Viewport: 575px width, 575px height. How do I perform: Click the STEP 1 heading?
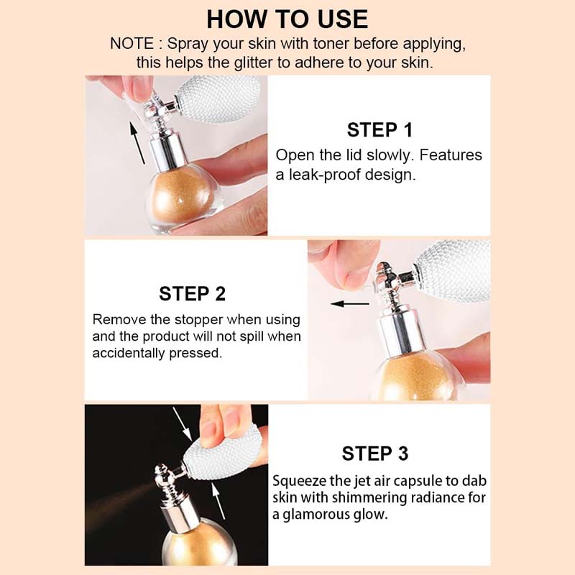(x=379, y=130)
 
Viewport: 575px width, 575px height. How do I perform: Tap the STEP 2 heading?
(x=192, y=293)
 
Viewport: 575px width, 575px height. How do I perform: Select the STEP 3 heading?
(x=374, y=454)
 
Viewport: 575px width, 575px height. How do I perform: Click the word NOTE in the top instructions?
(x=132, y=44)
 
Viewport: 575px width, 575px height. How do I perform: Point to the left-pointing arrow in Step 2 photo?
(x=345, y=303)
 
